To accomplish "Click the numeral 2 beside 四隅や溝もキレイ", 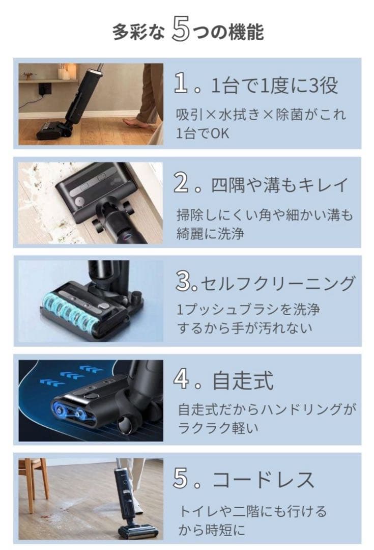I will click(x=182, y=184).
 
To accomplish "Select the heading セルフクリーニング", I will click(x=277, y=283).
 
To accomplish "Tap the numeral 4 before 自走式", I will click(x=182, y=381).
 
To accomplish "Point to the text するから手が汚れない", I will click(x=245, y=327).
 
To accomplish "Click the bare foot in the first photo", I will click(x=136, y=124).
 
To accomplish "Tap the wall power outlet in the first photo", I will click(x=45, y=89).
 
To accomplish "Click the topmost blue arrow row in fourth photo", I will click(x=92, y=368).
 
